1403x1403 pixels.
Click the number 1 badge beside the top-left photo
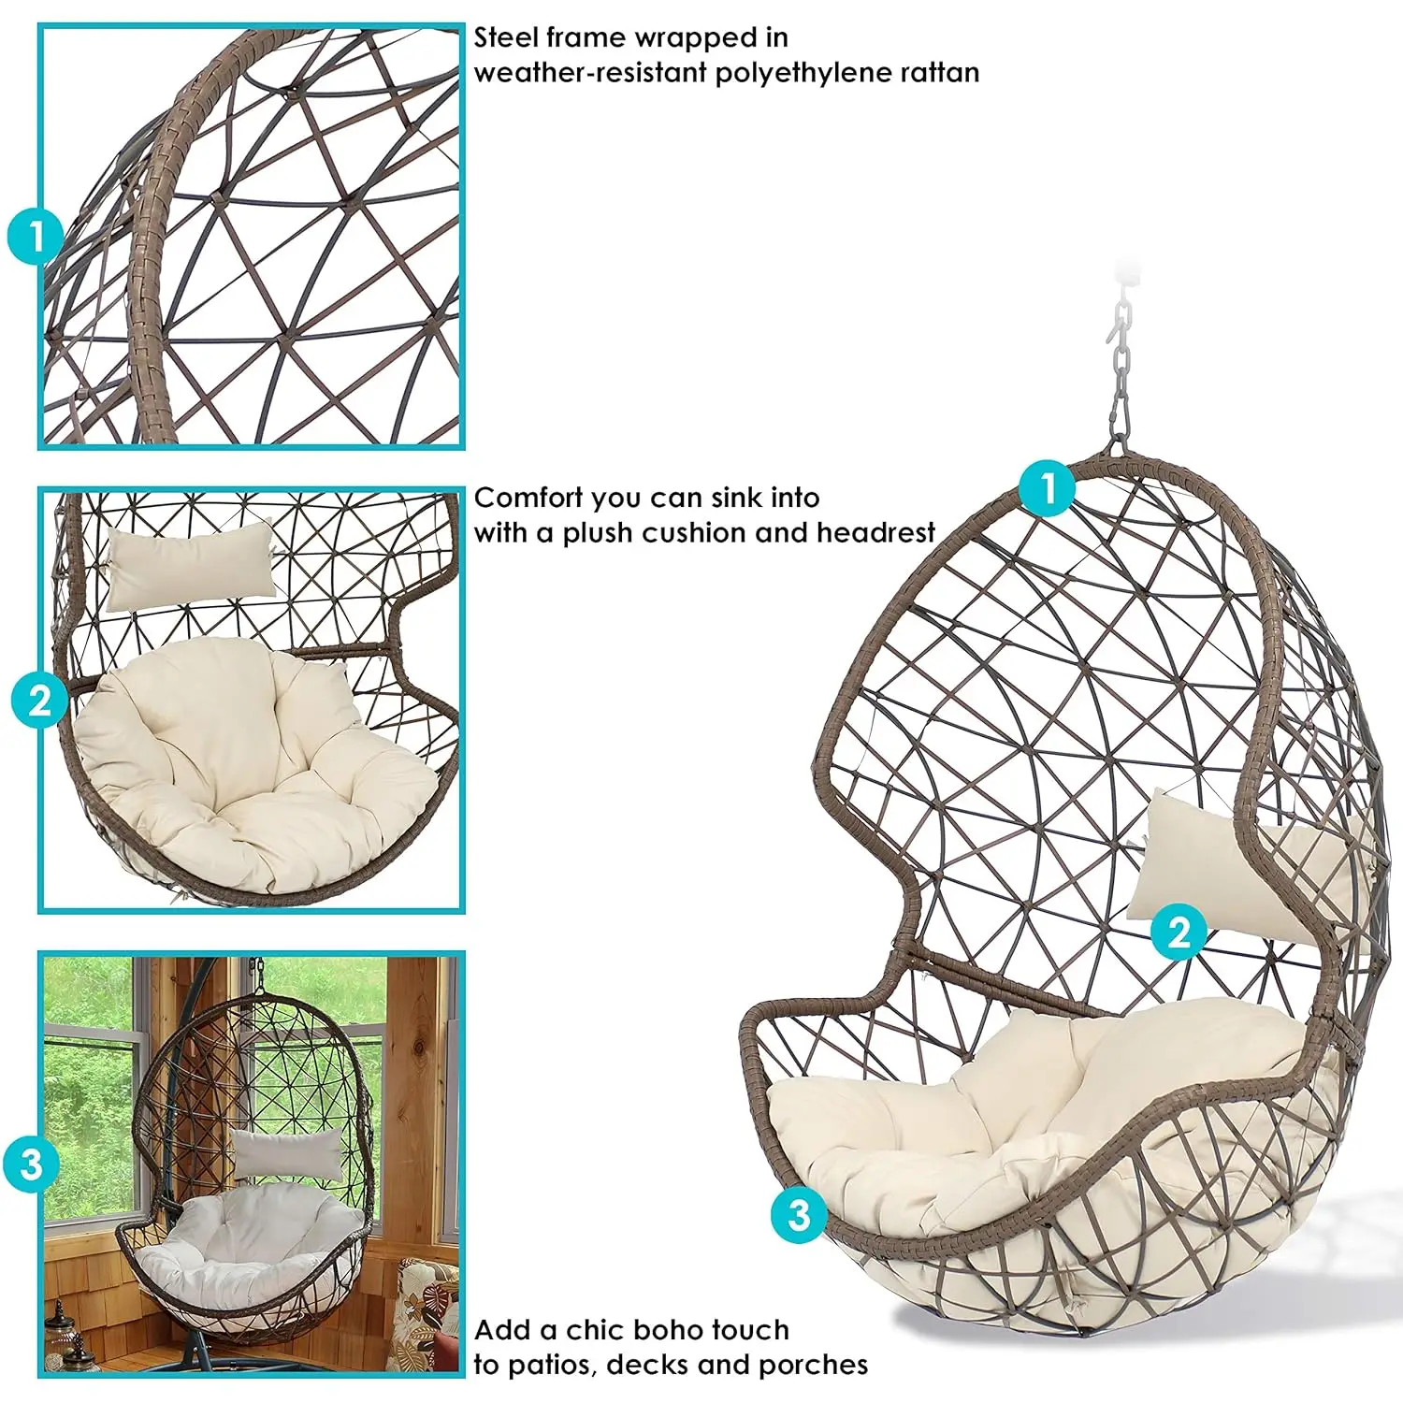[36, 237]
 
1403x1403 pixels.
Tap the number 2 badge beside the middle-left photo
[39, 700]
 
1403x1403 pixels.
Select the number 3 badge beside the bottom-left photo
[31, 1164]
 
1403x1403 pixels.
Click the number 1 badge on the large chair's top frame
[1048, 486]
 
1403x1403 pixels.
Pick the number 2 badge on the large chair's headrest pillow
[1179, 932]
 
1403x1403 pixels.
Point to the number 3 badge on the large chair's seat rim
[799, 1214]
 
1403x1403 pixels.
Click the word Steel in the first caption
[506, 37]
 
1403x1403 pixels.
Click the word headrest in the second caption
[875, 532]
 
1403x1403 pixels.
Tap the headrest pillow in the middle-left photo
[191, 565]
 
